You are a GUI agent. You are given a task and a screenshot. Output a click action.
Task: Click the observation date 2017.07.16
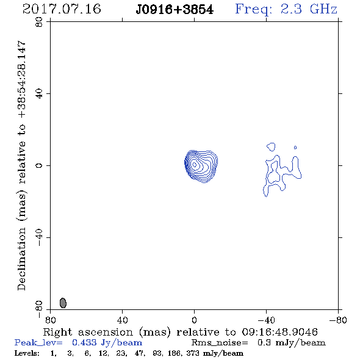coord(62,9)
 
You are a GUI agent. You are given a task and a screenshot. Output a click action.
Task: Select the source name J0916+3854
coord(175,10)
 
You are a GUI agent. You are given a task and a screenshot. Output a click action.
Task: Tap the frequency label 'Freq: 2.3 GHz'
coord(286,10)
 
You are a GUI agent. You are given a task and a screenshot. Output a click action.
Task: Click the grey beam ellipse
coord(63,303)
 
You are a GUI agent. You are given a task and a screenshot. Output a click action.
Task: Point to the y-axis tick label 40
coord(39,94)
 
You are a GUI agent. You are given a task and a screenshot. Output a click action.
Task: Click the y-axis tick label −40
coord(39,237)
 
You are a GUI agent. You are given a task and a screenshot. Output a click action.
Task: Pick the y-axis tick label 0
coord(39,165)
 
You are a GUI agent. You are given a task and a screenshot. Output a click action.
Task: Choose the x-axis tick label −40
coord(266,320)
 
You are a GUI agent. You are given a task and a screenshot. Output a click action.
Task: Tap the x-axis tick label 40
coord(123,320)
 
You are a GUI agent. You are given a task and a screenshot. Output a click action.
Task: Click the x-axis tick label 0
coord(194,320)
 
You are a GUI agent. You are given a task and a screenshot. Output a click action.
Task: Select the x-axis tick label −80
coord(338,320)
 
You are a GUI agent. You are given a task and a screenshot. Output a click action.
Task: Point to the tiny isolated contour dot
coord(295,148)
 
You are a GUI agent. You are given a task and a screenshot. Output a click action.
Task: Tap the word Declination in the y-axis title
coord(21,259)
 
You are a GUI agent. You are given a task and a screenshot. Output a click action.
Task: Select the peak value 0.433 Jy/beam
coord(107,343)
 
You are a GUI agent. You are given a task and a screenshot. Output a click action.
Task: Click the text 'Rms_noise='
coord(220,343)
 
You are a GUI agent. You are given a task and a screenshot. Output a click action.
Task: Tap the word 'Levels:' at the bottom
coord(27,353)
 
